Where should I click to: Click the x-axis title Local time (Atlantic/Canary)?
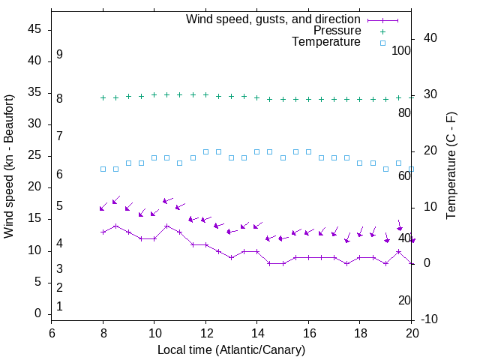(x=231, y=349)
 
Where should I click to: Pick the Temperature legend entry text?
(x=326, y=42)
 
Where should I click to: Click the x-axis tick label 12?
(x=205, y=333)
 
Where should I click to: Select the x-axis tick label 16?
(x=308, y=333)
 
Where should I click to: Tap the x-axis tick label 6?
(x=52, y=333)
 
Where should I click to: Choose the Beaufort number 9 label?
(x=59, y=55)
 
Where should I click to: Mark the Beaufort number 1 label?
(x=59, y=306)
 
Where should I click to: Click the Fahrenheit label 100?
(x=401, y=51)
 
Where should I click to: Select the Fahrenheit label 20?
(x=404, y=300)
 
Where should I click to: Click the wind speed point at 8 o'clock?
(x=103, y=232)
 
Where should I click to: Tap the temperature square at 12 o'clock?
(x=205, y=151)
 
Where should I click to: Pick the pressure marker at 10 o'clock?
(x=154, y=95)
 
